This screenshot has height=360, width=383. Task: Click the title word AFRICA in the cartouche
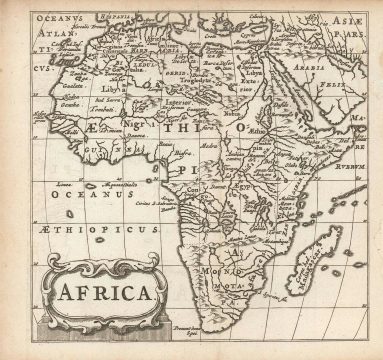tap(100, 294)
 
